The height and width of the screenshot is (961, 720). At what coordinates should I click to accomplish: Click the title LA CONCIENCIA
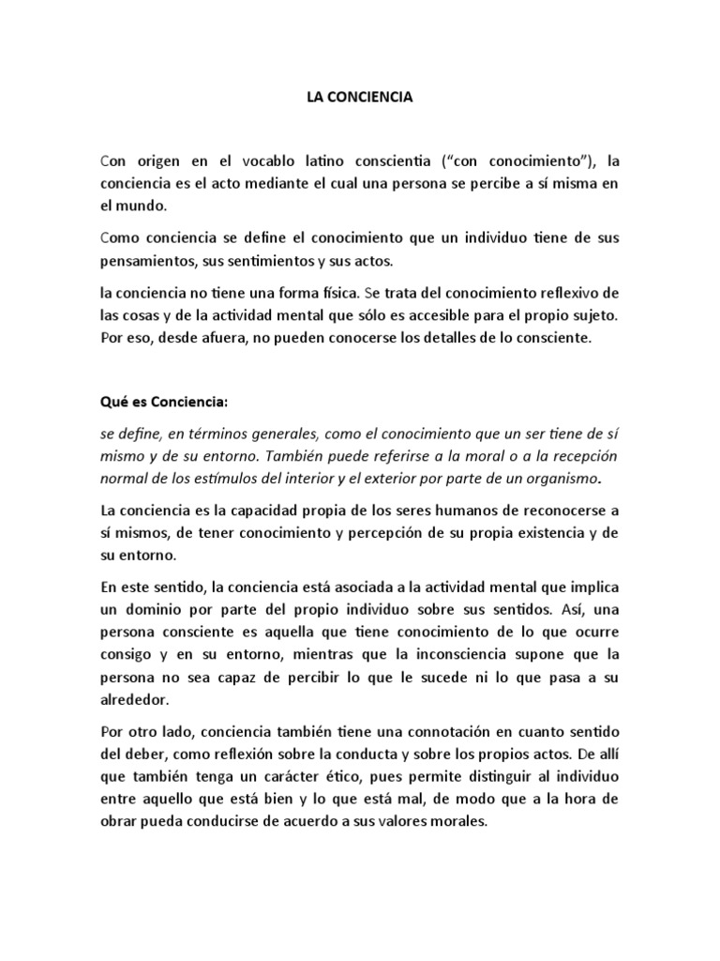point(360,97)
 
